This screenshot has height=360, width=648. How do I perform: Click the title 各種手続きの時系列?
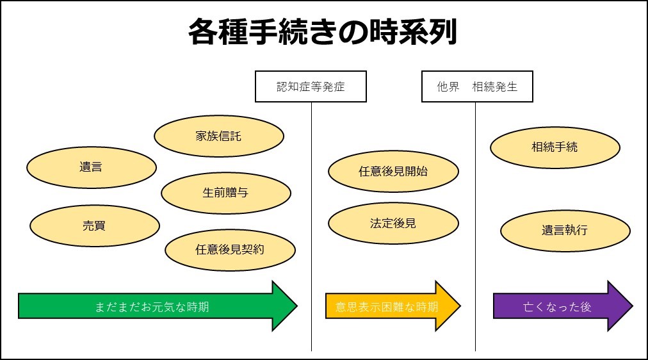323,32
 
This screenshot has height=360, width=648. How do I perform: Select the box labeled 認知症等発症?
311,86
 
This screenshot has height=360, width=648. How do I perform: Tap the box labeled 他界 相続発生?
477,86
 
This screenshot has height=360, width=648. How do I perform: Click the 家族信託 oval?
219,136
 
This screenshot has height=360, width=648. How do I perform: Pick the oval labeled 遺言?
92,167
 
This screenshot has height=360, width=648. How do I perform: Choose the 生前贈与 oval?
226,193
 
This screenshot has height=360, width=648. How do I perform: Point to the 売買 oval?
95,225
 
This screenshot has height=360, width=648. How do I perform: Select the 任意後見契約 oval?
230,250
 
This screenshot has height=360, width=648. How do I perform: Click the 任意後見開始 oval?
393,171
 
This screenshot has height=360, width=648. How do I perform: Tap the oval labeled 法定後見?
393,223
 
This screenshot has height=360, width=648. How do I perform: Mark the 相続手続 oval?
555,147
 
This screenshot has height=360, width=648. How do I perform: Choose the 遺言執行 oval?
565,231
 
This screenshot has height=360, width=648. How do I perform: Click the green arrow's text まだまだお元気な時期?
152,307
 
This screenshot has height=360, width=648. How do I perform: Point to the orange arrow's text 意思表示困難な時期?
387,307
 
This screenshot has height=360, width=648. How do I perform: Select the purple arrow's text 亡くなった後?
557,307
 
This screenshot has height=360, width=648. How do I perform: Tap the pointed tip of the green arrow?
297,306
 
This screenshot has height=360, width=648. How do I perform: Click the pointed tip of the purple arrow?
633,306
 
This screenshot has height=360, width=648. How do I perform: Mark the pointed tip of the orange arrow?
460,306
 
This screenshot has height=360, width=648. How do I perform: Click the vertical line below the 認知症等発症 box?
312,227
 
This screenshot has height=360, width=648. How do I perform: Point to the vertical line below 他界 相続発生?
475,227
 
